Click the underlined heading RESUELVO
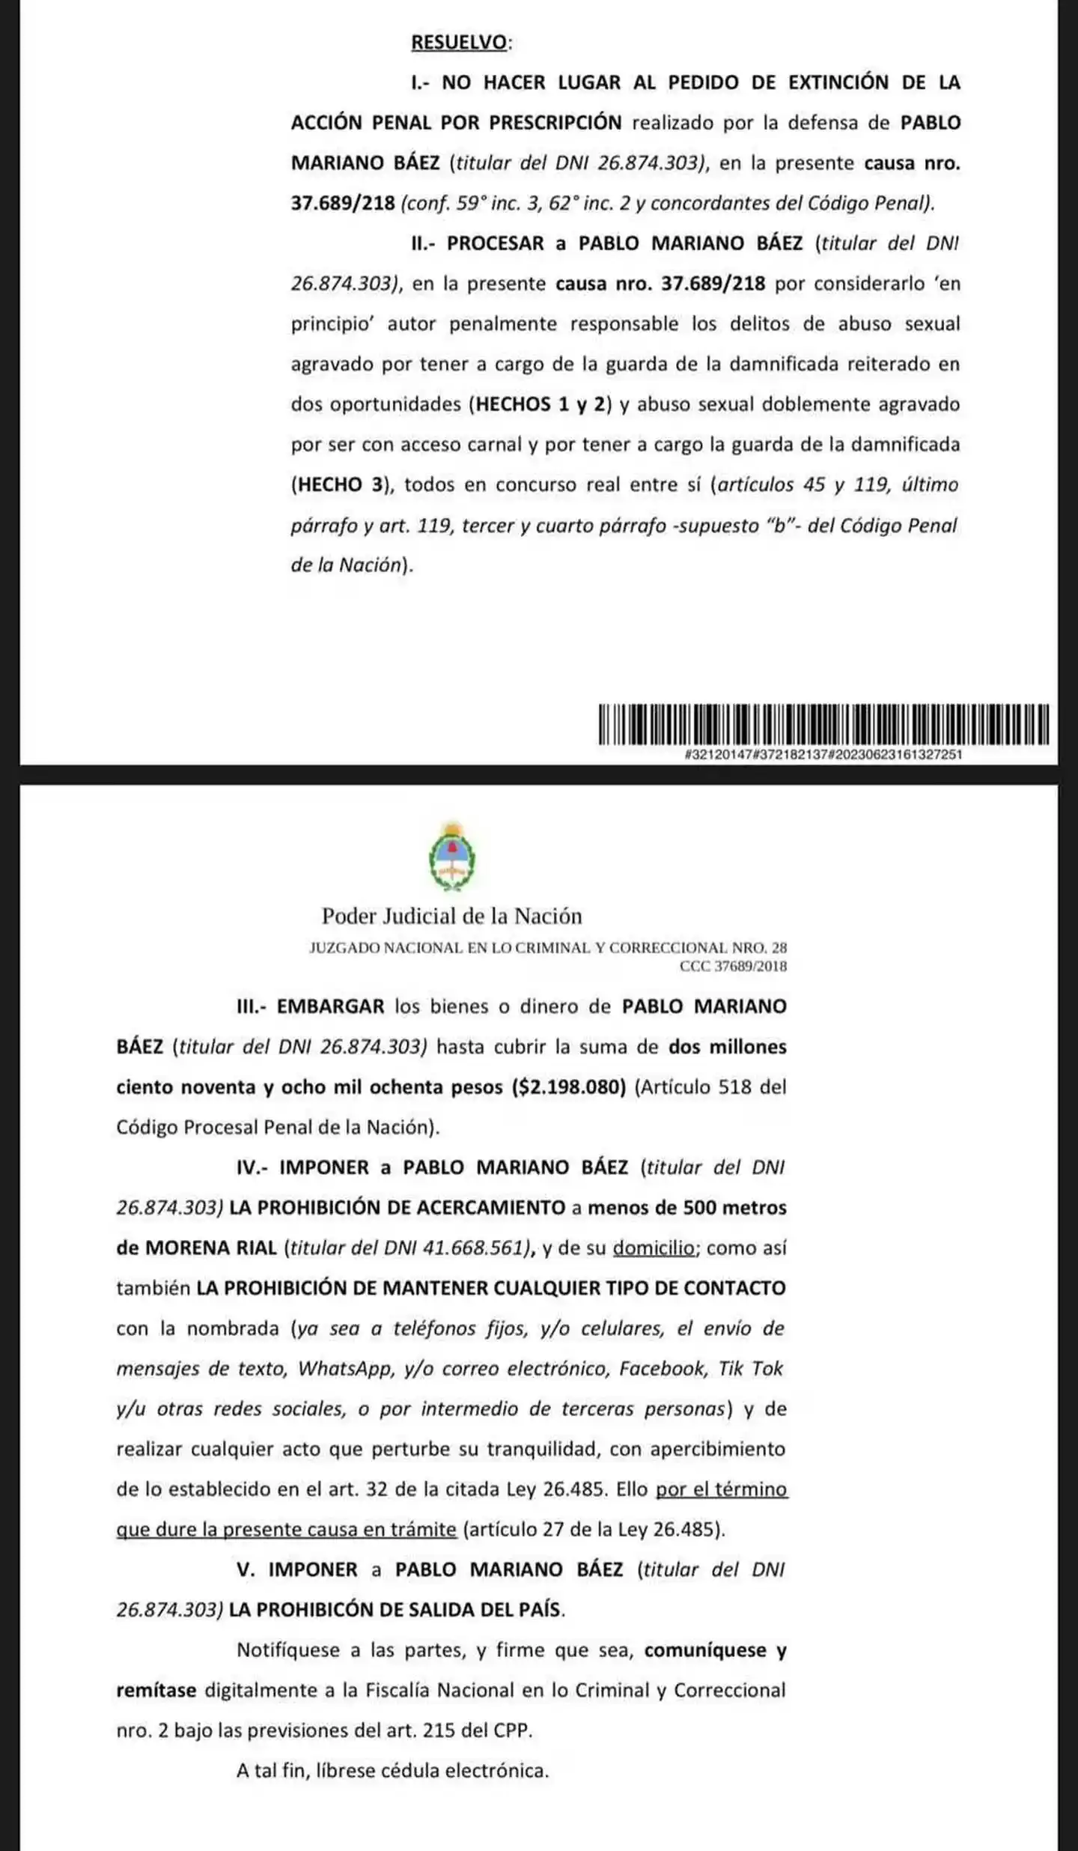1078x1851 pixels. coord(459,43)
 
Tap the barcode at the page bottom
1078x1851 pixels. coord(823,724)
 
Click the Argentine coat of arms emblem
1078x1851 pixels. coord(452,856)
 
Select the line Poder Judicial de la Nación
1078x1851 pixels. coord(451,916)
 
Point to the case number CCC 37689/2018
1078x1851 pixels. coord(733,966)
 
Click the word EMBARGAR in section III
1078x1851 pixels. coord(330,1006)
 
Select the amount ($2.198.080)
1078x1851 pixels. coord(568,1087)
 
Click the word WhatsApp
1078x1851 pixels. coord(345,1370)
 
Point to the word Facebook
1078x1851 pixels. coord(663,1370)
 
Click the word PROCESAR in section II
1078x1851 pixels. coord(496,243)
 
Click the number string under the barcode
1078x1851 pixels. coord(823,755)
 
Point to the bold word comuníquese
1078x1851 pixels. coord(705,1651)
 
